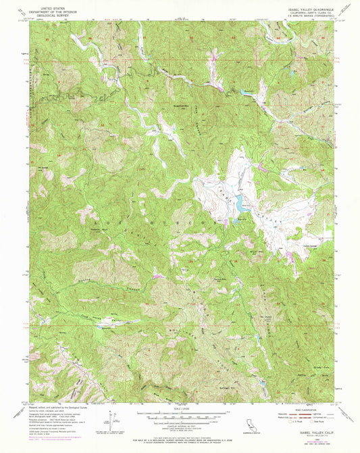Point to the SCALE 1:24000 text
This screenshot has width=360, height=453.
(179, 408)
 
